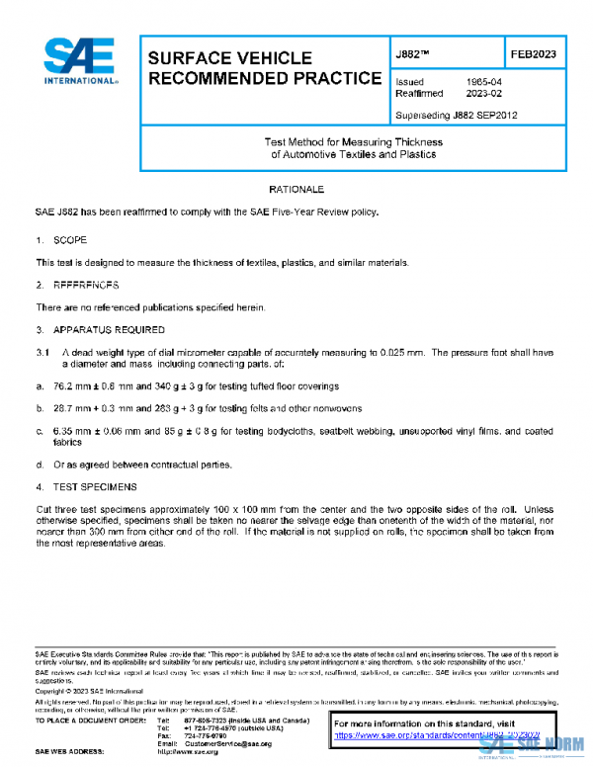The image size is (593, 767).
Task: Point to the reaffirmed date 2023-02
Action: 481,95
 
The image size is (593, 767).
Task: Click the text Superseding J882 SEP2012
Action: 455,115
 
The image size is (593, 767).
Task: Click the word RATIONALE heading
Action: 296,188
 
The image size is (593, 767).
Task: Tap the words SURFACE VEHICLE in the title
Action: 229,58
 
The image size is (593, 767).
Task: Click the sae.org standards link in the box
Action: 435,736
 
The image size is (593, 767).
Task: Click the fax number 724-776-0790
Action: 204,736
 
